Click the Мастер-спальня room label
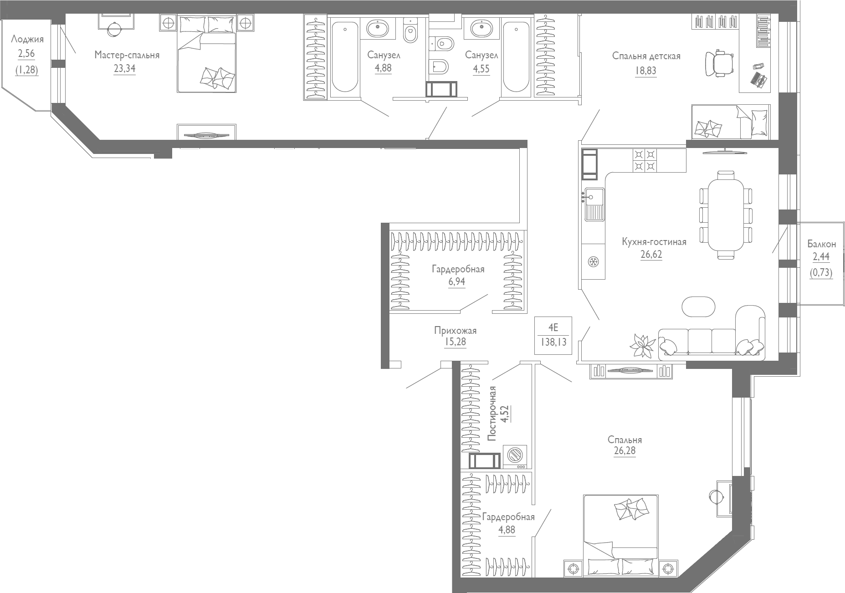[127, 55]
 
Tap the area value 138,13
[553, 342]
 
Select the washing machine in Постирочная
[515, 456]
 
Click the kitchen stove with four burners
[645, 160]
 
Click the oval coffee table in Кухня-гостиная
[698, 306]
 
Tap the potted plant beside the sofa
[642, 346]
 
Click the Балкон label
[821, 244]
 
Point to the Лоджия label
[27, 39]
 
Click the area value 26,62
[651, 254]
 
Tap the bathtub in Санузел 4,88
[344, 56]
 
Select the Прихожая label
[455, 331]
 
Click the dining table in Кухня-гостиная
[725, 215]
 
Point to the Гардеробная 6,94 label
[458, 269]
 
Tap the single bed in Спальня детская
[730, 122]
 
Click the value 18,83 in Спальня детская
[645, 71]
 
